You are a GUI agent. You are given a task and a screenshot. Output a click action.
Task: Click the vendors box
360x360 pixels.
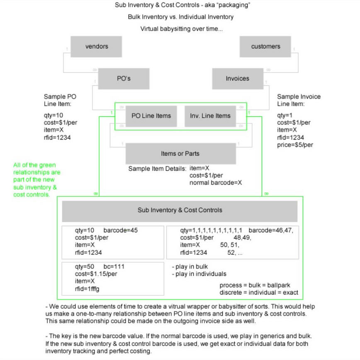[96, 46]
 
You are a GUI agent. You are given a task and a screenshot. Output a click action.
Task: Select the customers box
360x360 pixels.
[265, 46]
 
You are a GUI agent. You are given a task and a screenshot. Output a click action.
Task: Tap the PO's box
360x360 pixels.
[124, 78]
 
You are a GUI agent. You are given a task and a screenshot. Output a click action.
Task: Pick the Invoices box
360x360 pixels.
[238, 78]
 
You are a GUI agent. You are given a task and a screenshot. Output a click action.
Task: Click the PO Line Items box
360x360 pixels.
[151, 116]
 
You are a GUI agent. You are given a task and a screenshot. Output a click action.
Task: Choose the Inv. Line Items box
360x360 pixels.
[210, 116]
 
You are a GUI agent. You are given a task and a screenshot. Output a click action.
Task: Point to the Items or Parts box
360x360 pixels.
[180, 154]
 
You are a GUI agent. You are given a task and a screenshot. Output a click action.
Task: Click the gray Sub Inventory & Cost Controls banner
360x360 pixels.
[180, 210]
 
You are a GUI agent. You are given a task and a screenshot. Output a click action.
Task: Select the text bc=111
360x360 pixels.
[114, 266]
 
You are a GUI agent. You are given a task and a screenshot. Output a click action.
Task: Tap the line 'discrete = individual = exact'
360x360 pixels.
[258, 292]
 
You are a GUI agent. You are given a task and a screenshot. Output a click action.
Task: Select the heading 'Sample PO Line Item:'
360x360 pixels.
[60, 100]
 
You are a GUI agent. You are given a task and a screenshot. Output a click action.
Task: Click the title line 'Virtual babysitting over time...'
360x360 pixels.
[180, 29]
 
